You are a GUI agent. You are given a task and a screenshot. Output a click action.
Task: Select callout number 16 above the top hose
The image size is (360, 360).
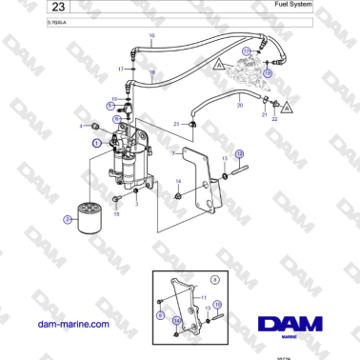[150, 36]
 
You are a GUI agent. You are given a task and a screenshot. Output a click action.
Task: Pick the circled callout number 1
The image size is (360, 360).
[96, 142]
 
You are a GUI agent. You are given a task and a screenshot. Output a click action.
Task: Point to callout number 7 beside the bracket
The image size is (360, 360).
[171, 151]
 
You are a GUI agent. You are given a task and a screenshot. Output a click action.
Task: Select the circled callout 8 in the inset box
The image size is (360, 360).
[215, 279]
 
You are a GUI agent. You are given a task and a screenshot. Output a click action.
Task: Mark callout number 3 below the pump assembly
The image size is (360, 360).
[136, 203]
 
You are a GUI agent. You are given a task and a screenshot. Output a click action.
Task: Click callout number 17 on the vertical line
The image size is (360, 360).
[121, 70]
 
